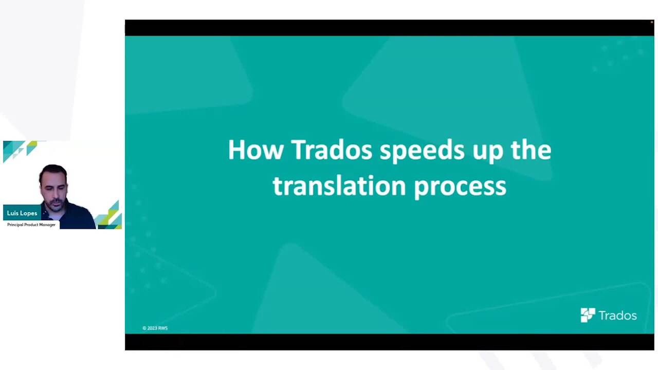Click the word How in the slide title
pos(255,150)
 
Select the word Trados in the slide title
pos(332,150)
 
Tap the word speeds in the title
pos(422,151)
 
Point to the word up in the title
pos(488,153)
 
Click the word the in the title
pos(531,150)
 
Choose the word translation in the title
pos(339,186)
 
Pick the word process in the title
pos(460,188)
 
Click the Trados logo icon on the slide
pos(588,315)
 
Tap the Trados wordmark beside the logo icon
pos(618,316)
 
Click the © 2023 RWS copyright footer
pos(155,328)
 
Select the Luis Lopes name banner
pos(22,213)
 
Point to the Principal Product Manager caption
pos(31,225)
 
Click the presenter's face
pos(54,194)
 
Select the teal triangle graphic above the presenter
pos(19,151)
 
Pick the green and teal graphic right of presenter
pos(109,216)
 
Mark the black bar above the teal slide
pos(390,28)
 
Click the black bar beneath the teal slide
pos(390,342)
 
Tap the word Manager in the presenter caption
pos(47,225)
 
